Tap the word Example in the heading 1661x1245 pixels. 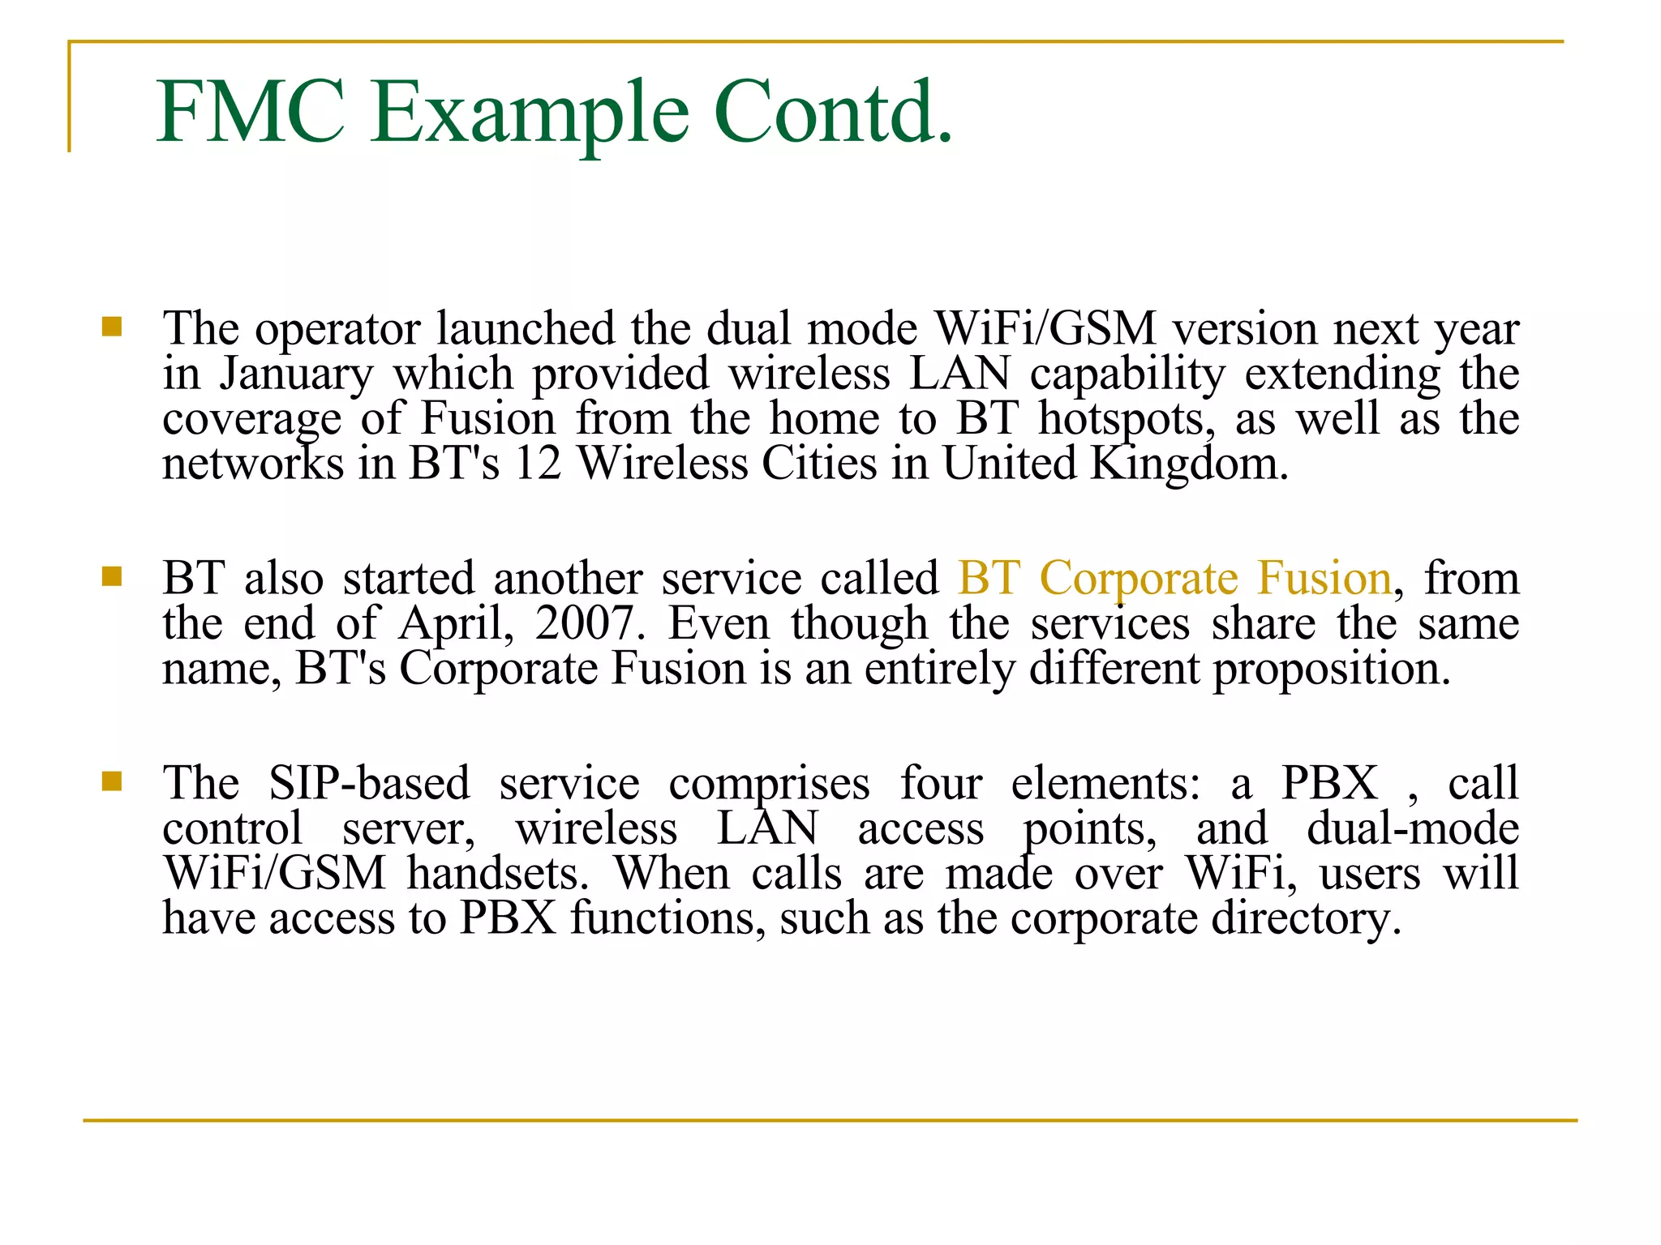[x=530, y=113]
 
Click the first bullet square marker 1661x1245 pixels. [x=112, y=327]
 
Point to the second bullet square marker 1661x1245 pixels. [x=112, y=576]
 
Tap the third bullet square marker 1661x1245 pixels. [x=112, y=781]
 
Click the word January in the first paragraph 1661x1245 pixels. [x=296, y=375]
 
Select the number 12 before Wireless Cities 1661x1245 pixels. [x=538, y=464]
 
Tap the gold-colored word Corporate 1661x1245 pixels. [x=1139, y=579]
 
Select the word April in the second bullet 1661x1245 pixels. [x=456, y=625]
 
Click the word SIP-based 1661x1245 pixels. [x=369, y=784]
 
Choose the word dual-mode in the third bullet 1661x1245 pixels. [x=1413, y=828]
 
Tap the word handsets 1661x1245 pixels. [x=498, y=874]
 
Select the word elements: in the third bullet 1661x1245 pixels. [x=1105, y=784]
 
